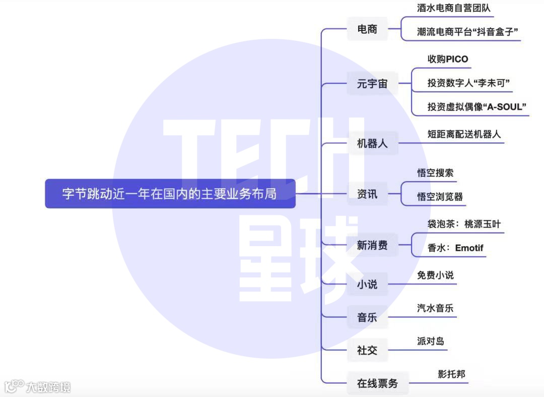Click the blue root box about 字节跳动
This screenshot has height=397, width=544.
pos(170,194)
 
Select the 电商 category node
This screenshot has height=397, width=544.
pos(367,29)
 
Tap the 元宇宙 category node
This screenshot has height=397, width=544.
pos(372,84)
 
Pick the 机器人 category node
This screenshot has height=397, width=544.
pos(372,143)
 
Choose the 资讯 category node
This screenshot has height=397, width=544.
pos(367,194)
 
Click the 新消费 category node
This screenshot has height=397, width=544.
pos(372,246)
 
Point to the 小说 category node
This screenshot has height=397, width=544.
pos(367,285)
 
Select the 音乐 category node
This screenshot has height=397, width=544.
pos(367,317)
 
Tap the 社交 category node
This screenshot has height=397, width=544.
pos(367,350)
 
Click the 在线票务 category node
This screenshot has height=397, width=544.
pos(377,383)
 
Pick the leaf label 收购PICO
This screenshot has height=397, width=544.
pos(448,59)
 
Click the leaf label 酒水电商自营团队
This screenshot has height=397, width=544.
pos(454,8)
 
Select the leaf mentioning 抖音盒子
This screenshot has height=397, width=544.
pos(468,32)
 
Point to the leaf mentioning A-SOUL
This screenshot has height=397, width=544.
pos(477,106)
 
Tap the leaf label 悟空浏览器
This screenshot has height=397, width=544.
pos(440,197)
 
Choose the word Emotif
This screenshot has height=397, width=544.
pos(469,248)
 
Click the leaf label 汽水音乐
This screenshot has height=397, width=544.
pos(435,308)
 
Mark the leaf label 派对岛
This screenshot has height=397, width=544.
pos(431,341)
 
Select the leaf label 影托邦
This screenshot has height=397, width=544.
pos(451,374)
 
